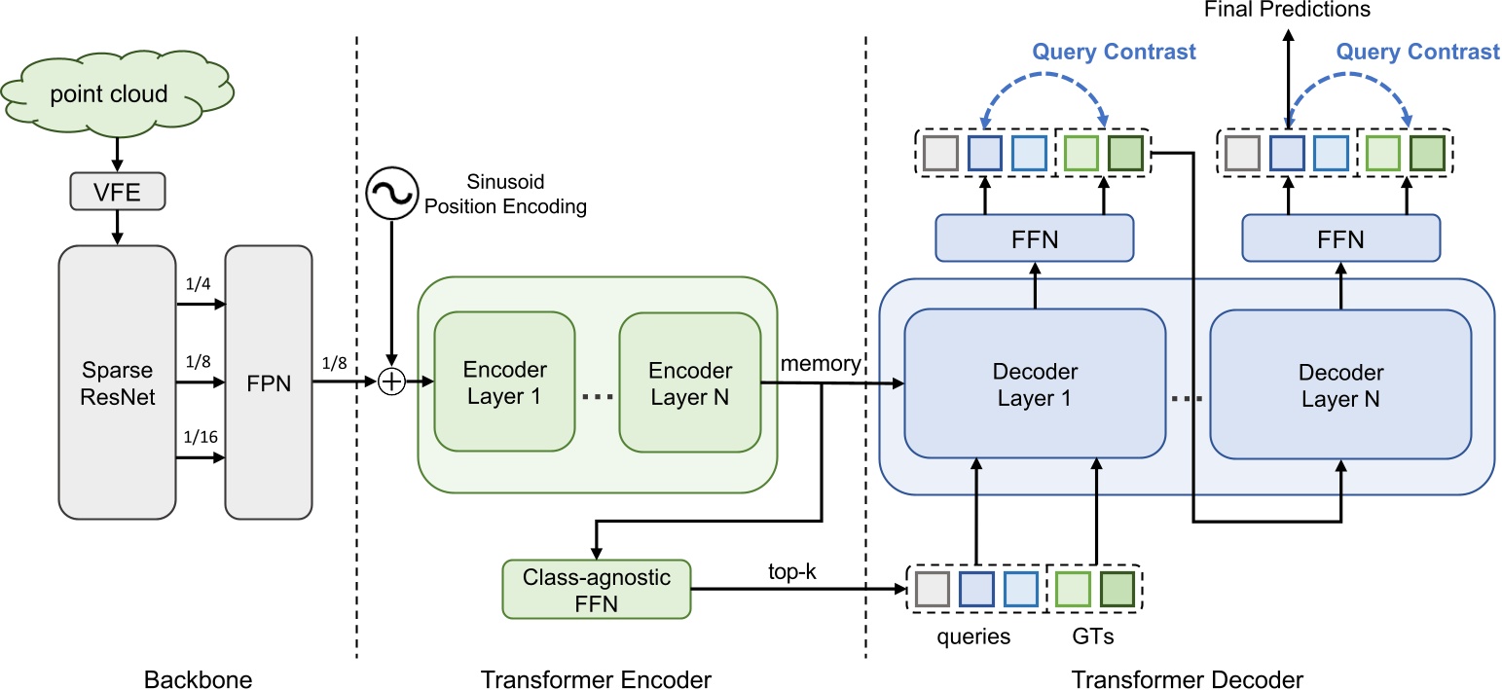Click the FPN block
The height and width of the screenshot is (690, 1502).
[269, 381]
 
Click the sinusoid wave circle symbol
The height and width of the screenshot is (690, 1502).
[391, 194]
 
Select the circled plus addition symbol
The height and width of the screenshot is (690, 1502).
[391, 382]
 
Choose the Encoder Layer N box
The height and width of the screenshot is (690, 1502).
[689, 382]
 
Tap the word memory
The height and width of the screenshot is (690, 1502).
[820, 364]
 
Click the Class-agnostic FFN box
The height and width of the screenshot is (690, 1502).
[595, 589]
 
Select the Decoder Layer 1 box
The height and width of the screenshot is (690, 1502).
[1035, 385]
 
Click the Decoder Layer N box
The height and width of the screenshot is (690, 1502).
[1340, 385]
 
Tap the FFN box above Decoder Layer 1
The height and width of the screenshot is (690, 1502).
[1035, 238]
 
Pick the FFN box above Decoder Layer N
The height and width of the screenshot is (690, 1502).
[1340, 238]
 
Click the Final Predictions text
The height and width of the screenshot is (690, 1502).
[1287, 11]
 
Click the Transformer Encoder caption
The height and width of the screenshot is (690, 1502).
[597, 678]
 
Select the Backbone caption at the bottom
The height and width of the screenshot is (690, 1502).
[198, 678]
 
